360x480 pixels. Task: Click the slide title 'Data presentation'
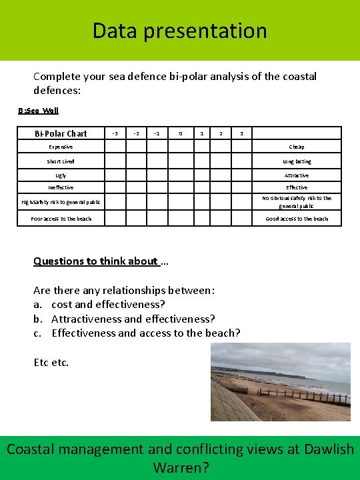tap(179, 31)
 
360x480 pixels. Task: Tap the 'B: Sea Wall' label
tap(38, 111)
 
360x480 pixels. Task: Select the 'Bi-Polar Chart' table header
tap(61, 133)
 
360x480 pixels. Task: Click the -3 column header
tap(116, 133)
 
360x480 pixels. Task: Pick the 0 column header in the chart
tap(180, 133)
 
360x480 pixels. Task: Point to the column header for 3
tap(241, 133)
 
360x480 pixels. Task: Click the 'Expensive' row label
tap(61, 147)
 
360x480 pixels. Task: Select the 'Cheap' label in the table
tap(297, 147)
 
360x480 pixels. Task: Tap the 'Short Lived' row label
tap(61, 161)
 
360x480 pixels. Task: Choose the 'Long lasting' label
tap(297, 161)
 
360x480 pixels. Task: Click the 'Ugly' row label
tap(61, 175)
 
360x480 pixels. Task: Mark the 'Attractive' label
tap(297, 175)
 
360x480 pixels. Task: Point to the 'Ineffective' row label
tap(61, 187)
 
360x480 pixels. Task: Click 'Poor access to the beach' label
tap(61, 219)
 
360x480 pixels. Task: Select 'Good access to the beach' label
tap(297, 219)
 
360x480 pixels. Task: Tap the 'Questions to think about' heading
tap(96, 261)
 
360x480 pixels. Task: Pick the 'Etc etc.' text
tap(51, 363)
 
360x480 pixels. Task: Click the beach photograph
tap(280, 381)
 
